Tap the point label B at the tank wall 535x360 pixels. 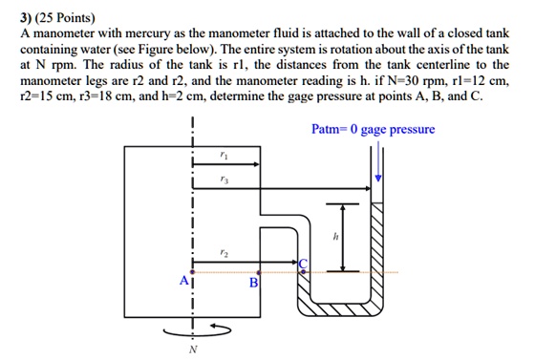tap(253, 283)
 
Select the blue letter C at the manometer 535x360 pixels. tap(305, 264)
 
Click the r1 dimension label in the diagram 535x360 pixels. tap(224, 155)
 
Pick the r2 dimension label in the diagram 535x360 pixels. tap(224, 252)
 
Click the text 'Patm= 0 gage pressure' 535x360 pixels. tap(373, 129)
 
